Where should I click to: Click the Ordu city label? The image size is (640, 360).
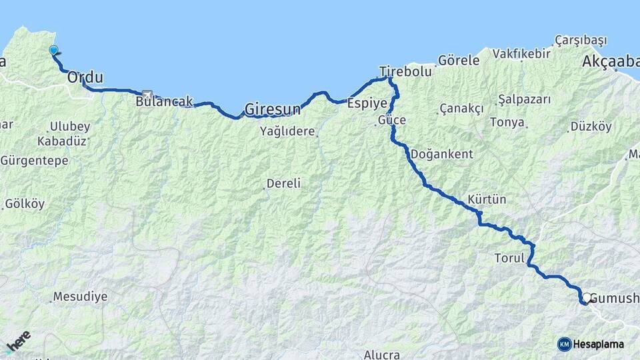tap(85, 77)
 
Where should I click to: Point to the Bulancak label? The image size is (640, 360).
tap(164, 102)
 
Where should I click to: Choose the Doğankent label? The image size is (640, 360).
tap(442, 154)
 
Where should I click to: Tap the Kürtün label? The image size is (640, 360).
tap(487, 199)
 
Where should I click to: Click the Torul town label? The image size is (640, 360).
tap(509, 257)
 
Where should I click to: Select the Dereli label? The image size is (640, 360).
tap(283, 183)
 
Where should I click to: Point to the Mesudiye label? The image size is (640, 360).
tap(80, 297)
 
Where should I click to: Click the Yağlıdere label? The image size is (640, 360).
tap(287, 131)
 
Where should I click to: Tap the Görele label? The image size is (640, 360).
tap(459, 60)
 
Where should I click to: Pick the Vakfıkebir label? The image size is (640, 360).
tap(522, 54)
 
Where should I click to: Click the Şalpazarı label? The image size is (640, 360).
tap(524, 99)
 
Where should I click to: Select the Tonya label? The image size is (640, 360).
tap(507, 122)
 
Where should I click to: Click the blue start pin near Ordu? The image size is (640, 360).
tap(53, 49)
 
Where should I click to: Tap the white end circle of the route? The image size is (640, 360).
tap(586, 298)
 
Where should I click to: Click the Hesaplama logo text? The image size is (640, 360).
tap(599, 344)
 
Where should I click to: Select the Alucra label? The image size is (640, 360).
tap(382, 355)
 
